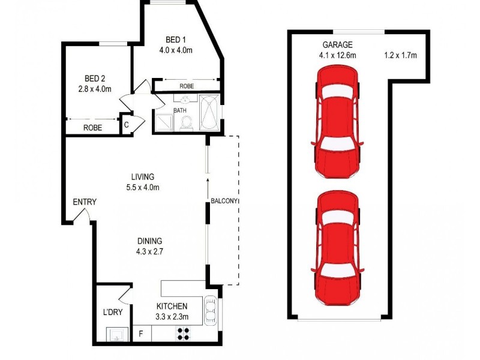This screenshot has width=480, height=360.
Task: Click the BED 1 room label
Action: coord(175,40)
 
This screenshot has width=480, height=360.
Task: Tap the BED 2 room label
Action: coord(95,79)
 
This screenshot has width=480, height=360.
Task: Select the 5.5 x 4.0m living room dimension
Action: coord(143,187)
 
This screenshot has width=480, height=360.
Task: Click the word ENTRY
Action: coord(85,202)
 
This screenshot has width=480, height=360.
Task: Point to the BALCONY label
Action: coord(224,201)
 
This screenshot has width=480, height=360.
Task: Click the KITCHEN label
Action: coord(172,305)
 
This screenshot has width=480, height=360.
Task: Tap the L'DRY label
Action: coord(112,313)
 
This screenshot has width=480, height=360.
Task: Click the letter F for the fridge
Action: coord(141,332)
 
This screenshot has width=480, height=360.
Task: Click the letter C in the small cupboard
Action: coord(127,125)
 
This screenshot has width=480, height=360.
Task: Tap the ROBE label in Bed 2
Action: coord(92,128)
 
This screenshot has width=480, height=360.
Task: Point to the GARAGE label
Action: coord(337,45)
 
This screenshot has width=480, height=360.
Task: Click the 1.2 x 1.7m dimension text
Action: coord(400,56)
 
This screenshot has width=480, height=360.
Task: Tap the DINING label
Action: coord(149,241)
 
